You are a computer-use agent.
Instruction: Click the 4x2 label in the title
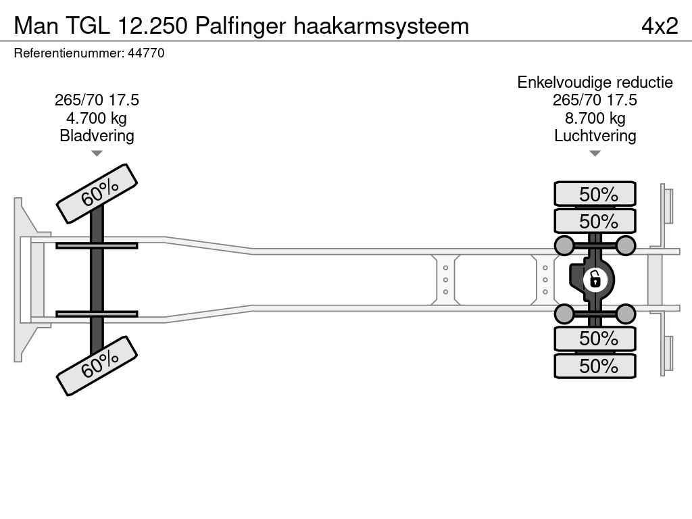(x=659, y=26)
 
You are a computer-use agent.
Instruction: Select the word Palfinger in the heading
(x=241, y=26)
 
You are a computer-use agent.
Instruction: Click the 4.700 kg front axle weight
(x=97, y=118)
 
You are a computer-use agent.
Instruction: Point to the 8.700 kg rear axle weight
(x=595, y=118)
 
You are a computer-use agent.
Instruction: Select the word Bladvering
(x=97, y=136)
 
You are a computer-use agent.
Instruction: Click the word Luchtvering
(x=595, y=136)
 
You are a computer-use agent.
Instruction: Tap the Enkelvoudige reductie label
(x=595, y=82)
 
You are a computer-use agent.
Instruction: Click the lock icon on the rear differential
(x=595, y=278)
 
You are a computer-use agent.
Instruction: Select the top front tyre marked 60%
(x=97, y=193)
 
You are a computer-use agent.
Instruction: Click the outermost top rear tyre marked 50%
(x=595, y=194)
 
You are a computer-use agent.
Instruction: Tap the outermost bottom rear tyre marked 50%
(x=595, y=366)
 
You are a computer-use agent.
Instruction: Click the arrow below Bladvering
(x=97, y=153)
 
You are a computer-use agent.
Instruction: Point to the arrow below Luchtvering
(x=595, y=153)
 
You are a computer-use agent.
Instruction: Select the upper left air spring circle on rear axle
(x=564, y=245)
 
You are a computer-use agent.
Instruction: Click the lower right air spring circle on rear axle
(x=626, y=314)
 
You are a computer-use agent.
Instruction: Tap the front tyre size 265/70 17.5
(x=97, y=100)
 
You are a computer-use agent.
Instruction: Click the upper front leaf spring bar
(x=97, y=245)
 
